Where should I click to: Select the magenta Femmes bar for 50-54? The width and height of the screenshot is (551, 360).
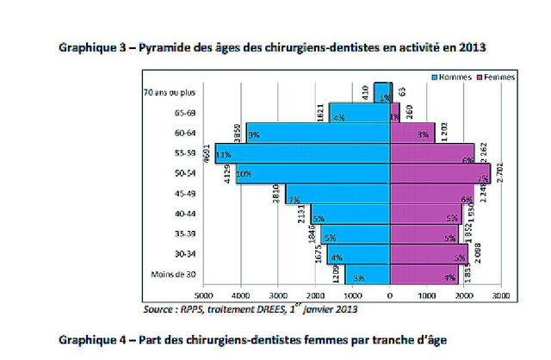click(x=439, y=174)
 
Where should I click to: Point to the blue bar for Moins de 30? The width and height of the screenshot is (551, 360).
click(x=368, y=276)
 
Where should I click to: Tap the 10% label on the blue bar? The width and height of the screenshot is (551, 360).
click(x=244, y=174)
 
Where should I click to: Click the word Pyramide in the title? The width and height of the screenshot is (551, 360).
click(x=156, y=44)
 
